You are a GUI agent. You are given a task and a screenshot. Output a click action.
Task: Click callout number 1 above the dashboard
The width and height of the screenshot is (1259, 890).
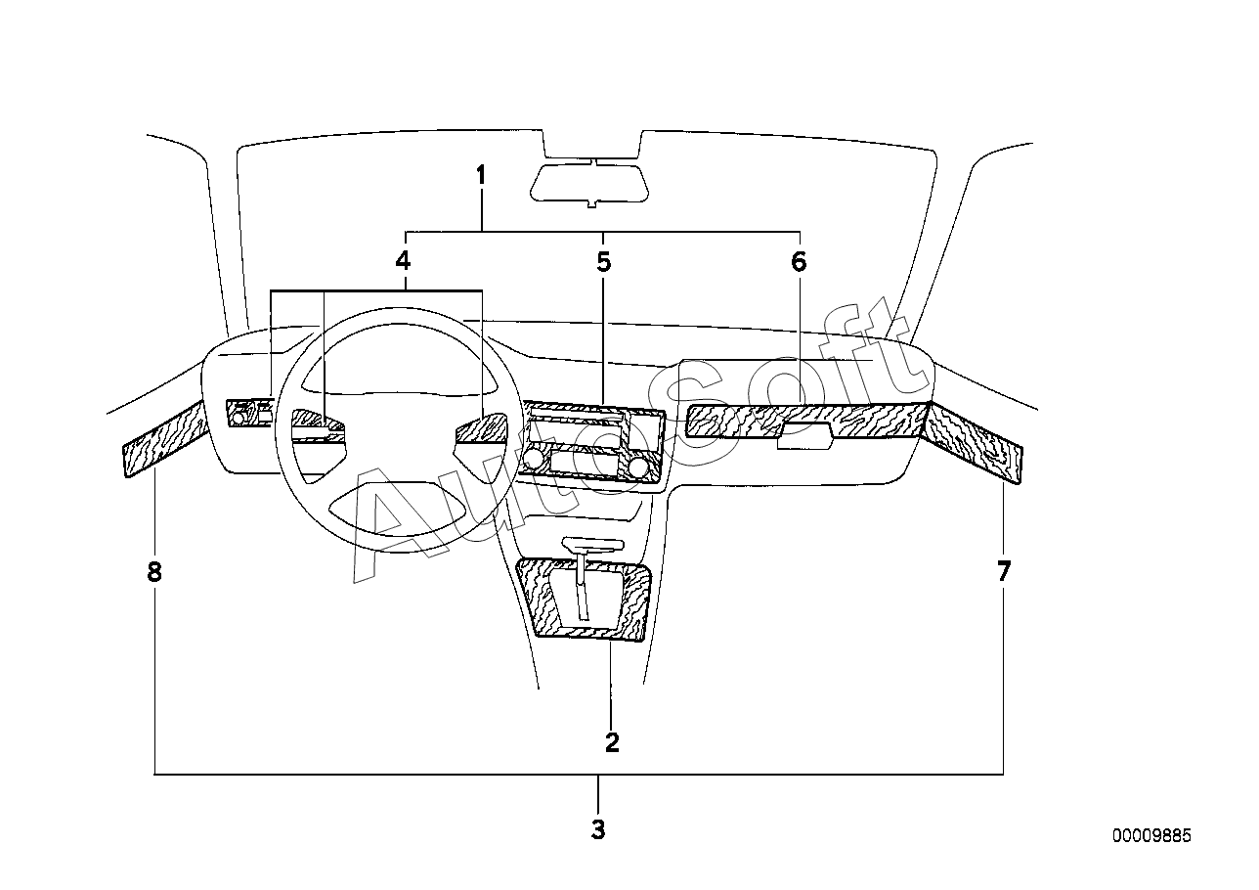click(481, 175)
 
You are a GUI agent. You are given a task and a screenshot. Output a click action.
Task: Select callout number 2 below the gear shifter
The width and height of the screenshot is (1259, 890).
click(612, 742)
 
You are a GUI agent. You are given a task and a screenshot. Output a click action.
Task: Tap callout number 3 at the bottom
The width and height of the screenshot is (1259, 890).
click(598, 829)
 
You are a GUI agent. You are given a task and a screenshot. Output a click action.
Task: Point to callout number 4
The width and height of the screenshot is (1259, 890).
click(403, 261)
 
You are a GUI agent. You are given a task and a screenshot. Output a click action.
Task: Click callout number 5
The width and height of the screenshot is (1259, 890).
click(604, 262)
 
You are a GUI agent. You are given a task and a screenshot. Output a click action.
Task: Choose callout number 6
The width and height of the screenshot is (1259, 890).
click(799, 262)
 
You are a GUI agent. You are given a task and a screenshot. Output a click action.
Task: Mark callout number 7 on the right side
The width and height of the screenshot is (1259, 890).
click(1004, 571)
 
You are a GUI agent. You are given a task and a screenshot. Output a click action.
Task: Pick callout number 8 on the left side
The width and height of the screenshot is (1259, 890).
click(154, 572)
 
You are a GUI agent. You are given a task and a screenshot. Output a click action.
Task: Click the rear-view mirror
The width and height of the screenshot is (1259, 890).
click(589, 183)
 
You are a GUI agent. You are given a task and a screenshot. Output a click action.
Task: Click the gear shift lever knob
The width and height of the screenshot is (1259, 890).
click(593, 544)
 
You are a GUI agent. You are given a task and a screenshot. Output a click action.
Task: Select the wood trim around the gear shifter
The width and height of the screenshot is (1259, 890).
click(586, 600)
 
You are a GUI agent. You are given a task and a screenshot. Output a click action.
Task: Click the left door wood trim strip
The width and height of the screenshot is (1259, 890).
click(165, 438)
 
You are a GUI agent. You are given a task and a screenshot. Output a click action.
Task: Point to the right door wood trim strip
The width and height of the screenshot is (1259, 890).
click(973, 442)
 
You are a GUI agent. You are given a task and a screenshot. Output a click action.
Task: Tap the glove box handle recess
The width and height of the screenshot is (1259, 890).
click(804, 436)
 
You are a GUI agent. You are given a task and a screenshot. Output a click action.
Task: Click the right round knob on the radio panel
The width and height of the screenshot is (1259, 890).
click(637, 467)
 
